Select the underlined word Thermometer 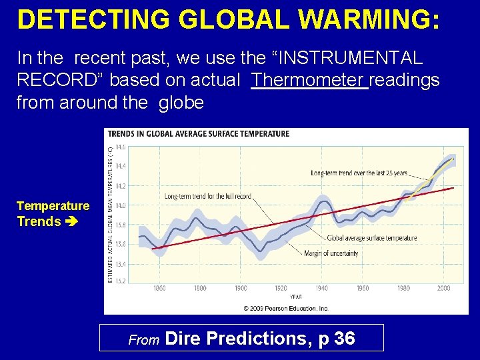[x=309, y=81]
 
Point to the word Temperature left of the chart [x=53, y=206]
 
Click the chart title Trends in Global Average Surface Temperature [x=199, y=133]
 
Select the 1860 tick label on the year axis [x=159, y=289]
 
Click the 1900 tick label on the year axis [x=241, y=289]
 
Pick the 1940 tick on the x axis [x=322, y=289]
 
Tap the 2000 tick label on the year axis [x=443, y=289]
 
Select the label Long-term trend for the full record [x=207, y=196]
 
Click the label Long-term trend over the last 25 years [x=359, y=173]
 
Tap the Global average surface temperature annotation [x=371, y=238]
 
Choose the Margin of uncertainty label [x=331, y=253]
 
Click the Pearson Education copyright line [x=285, y=308]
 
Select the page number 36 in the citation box [x=344, y=339]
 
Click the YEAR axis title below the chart [x=296, y=296]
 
